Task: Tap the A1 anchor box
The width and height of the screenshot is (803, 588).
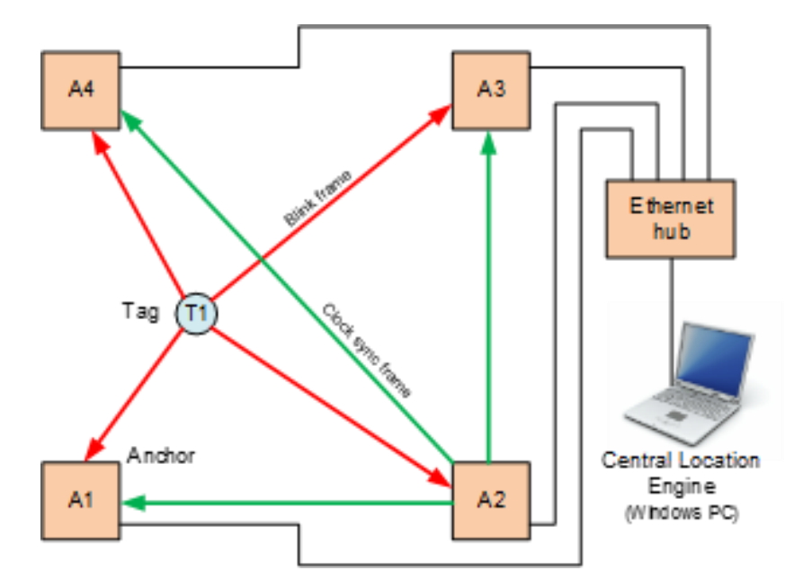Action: pos(81,501)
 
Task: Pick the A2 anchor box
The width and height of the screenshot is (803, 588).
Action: pos(490,501)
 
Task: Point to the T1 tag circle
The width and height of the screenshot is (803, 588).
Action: pos(197,312)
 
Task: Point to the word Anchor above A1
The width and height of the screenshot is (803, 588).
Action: pos(162,454)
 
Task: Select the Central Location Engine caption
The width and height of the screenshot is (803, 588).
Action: pos(681,473)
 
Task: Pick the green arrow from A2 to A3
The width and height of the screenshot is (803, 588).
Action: pos(487,297)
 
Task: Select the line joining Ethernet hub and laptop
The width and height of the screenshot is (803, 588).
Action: pos(672,288)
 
